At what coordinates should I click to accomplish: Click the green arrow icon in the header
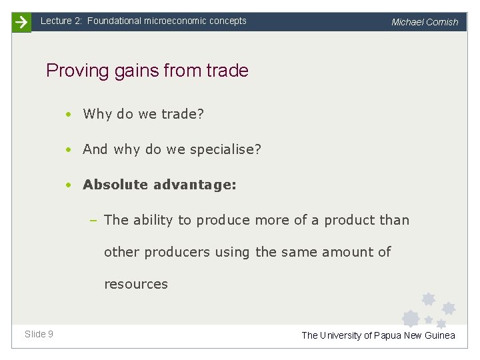[21, 22]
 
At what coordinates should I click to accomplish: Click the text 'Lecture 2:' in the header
[61, 21]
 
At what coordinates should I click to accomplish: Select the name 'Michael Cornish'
[425, 22]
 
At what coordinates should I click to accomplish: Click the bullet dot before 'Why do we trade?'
[69, 114]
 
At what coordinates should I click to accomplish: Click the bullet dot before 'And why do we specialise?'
[69, 150]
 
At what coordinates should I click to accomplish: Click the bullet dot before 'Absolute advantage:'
[69, 185]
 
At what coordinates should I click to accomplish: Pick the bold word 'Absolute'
[115, 185]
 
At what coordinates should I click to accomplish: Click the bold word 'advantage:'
[195, 185]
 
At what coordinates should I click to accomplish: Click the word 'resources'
[136, 284]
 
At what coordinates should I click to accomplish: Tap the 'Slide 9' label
[39, 334]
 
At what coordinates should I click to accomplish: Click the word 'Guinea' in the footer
[440, 335]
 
